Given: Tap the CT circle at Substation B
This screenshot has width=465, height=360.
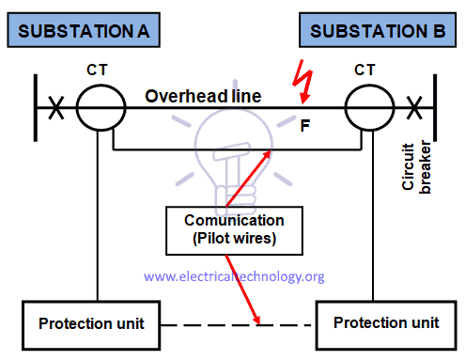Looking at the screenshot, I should coord(364,110).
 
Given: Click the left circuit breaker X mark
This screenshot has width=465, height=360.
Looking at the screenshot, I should coord(57,109).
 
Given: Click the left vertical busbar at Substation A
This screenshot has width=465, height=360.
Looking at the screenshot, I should coord(36,110).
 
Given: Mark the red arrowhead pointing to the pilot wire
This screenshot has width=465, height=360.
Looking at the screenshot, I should coord(271,154).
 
